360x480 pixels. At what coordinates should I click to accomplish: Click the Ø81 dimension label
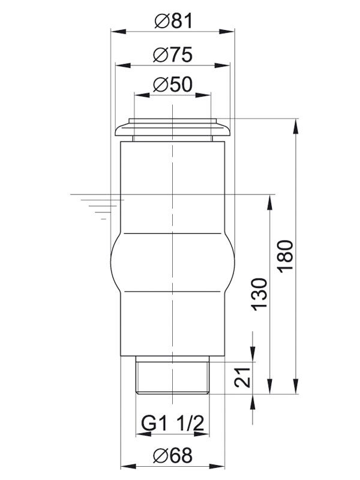[173, 22]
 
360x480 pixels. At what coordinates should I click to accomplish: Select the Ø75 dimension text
[173, 55]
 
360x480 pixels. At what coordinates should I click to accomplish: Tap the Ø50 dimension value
[173, 85]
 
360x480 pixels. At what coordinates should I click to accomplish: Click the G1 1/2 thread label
[173, 425]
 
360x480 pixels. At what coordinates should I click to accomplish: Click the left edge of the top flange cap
[116, 130]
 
